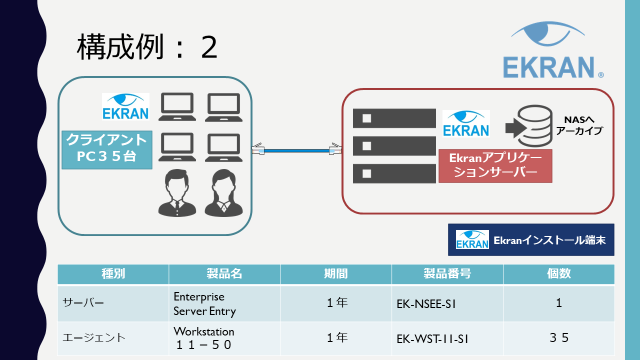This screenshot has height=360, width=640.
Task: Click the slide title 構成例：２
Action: [x=147, y=48]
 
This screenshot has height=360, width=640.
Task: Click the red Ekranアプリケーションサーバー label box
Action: [x=495, y=165]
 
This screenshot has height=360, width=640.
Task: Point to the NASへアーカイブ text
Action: [x=579, y=125]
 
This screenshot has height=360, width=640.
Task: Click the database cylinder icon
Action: [x=534, y=123]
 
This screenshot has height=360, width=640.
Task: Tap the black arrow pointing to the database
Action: [x=513, y=128]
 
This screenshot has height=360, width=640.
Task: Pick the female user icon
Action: [x=222, y=193]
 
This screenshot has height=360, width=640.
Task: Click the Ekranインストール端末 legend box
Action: [x=531, y=239]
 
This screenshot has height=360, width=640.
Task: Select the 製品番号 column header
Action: [x=447, y=274]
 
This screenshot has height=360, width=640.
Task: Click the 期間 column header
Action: [x=336, y=274]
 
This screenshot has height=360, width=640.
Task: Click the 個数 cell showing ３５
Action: [x=558, y=338]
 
